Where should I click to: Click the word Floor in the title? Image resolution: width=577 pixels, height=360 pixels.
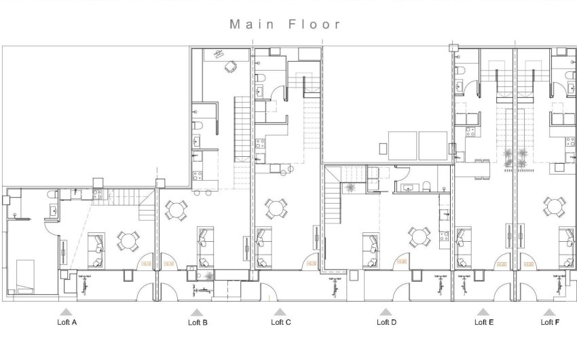(314, 24)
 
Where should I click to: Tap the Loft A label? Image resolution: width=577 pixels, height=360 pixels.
(67, 323)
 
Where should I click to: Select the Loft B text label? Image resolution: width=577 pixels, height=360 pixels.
(198, 323)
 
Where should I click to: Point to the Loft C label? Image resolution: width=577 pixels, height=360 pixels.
(280, 323)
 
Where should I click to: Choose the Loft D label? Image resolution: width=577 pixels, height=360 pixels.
(386, 323)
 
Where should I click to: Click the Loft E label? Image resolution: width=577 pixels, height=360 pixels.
(484, 323)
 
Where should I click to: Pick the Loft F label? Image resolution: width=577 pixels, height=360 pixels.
(550, 323)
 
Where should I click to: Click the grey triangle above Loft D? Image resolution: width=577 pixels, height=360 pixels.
(386, 312)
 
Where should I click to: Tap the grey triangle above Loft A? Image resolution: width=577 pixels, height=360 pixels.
(67, 312)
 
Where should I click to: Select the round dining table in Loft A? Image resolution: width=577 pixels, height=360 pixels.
(128, 240)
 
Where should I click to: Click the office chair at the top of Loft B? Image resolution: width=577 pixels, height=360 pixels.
(231, 66)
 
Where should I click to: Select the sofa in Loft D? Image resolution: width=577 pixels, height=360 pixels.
(371, 249)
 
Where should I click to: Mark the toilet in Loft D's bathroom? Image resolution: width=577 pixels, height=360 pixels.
(425, 187)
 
